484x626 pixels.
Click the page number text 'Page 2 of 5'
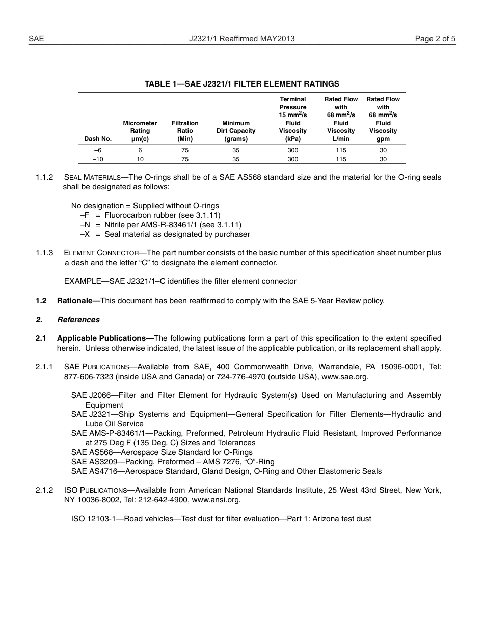tap(435, 38)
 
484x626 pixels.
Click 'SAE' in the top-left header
tap(36, 38)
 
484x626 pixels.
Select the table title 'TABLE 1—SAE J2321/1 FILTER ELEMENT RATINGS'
tap(241, 84)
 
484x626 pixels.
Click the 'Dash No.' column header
tap(98, 139)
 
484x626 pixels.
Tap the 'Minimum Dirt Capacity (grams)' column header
tap(236, 131)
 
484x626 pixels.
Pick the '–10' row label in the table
tap(98, 159)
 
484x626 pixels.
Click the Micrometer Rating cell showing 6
tap(140, 150)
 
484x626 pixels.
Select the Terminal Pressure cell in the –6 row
tap(293, 150)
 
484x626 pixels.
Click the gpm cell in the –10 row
tap(383, 159)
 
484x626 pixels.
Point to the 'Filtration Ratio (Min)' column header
tap(185, 131)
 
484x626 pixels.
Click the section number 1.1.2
tap(44, 177)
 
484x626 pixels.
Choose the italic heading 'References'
tap(78, 320)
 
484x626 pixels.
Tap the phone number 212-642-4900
tap(160, 500)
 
